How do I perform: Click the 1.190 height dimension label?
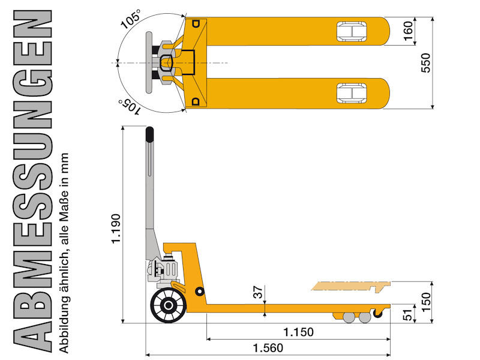click(116, 229)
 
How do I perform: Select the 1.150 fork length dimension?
click(298, 332)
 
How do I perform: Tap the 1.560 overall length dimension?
click(268, 348)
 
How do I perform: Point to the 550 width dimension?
click(425, 63)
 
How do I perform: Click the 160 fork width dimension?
click(408, 31)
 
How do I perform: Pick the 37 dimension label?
click(258, 292)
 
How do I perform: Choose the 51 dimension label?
click(407, 315)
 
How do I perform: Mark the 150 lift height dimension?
click(426, 302)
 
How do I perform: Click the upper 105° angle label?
click(131, 19)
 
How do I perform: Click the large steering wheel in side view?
click(168, 305)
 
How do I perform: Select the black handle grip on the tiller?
click(149, 134)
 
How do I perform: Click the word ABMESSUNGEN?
click(32, 181)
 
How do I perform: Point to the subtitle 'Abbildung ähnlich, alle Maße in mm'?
click(64, 253)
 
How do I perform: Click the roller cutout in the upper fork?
click(352, 31)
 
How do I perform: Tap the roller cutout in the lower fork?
click(352, 93)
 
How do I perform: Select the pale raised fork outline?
click(351, 286)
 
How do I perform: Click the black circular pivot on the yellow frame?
click(200, 291)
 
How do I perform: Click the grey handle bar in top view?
click(149, 62)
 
